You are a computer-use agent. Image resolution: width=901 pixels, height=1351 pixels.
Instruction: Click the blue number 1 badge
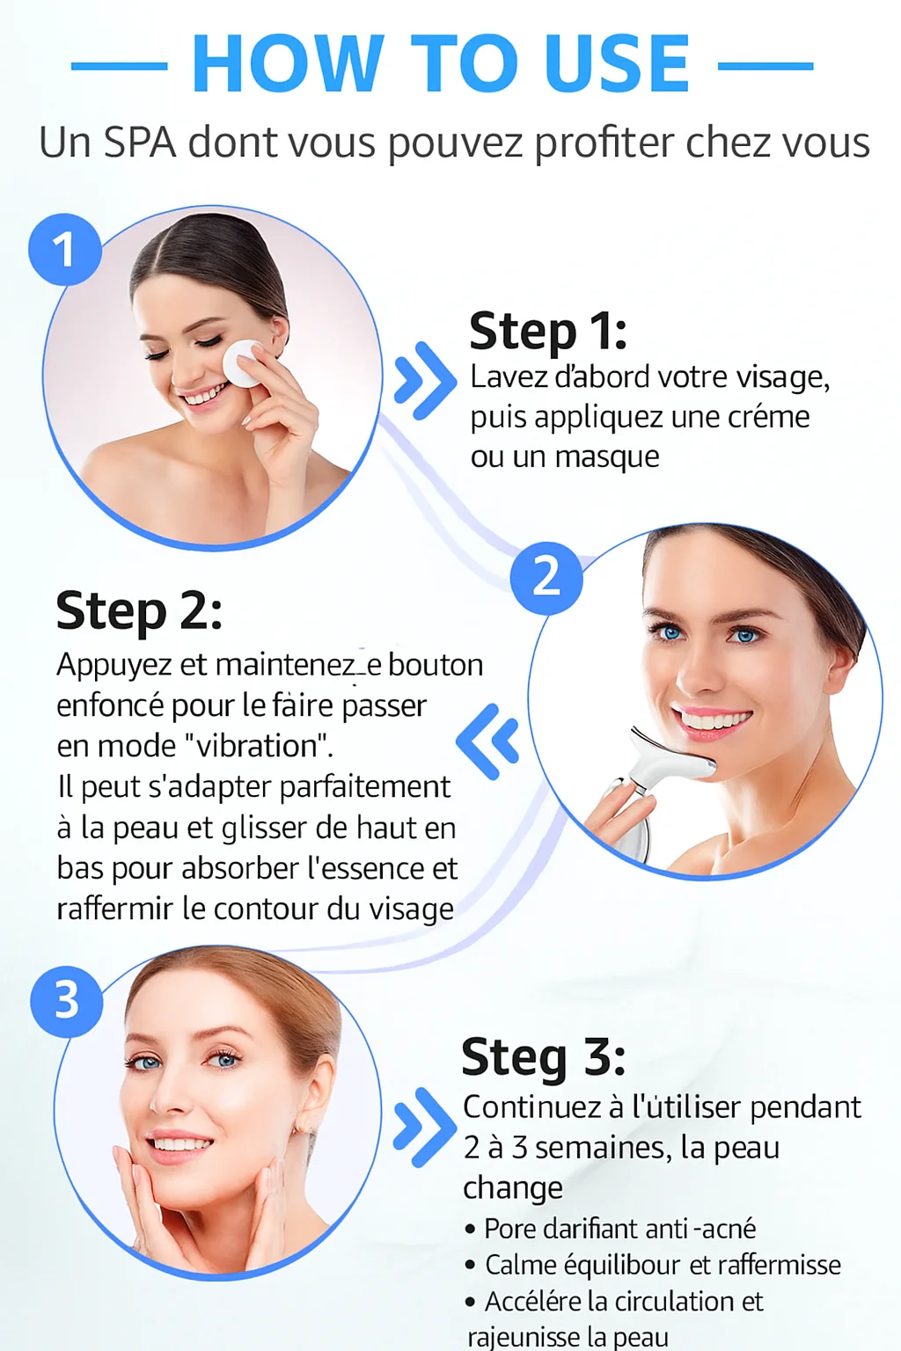(x=65, y=250)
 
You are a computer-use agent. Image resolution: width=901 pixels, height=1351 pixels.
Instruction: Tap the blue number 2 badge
(x=546, y=578)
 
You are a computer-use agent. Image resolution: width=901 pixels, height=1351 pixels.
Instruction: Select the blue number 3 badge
(x=67, y=1001)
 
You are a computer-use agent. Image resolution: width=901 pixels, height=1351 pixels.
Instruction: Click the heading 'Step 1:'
(x=548, y=331)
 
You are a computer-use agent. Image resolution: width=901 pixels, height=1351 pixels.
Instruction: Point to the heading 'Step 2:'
(x=139, y=610)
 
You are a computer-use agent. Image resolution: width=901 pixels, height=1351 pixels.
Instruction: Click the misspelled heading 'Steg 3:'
(x=543, y=1056)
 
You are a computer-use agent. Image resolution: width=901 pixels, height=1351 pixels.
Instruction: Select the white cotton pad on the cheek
(x=242, y=363)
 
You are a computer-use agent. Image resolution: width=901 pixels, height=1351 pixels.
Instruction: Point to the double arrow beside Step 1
(x=425, y=380)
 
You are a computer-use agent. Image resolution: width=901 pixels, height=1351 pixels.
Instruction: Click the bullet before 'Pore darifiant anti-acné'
(x=471, y=1230)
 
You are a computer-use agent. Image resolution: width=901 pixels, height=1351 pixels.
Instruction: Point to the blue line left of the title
(x=119, y=66)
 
